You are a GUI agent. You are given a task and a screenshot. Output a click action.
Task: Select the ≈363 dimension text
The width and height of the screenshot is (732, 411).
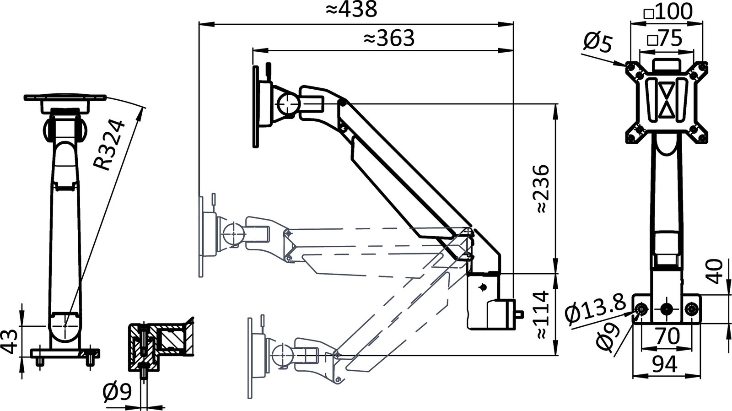[x=389, y=38]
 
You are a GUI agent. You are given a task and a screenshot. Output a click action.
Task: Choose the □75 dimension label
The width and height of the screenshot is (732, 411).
[x=664, y=39]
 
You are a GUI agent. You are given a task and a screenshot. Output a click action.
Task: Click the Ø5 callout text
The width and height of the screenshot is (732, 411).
[x=598, y=43]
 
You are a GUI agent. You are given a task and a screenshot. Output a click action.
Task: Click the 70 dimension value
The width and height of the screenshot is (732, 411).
[x=667, y=336]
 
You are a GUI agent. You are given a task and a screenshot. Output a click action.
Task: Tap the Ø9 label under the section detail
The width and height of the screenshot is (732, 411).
[x=117, y=392]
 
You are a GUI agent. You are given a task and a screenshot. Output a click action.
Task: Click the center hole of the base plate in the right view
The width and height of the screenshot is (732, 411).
[x=667, y=309]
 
